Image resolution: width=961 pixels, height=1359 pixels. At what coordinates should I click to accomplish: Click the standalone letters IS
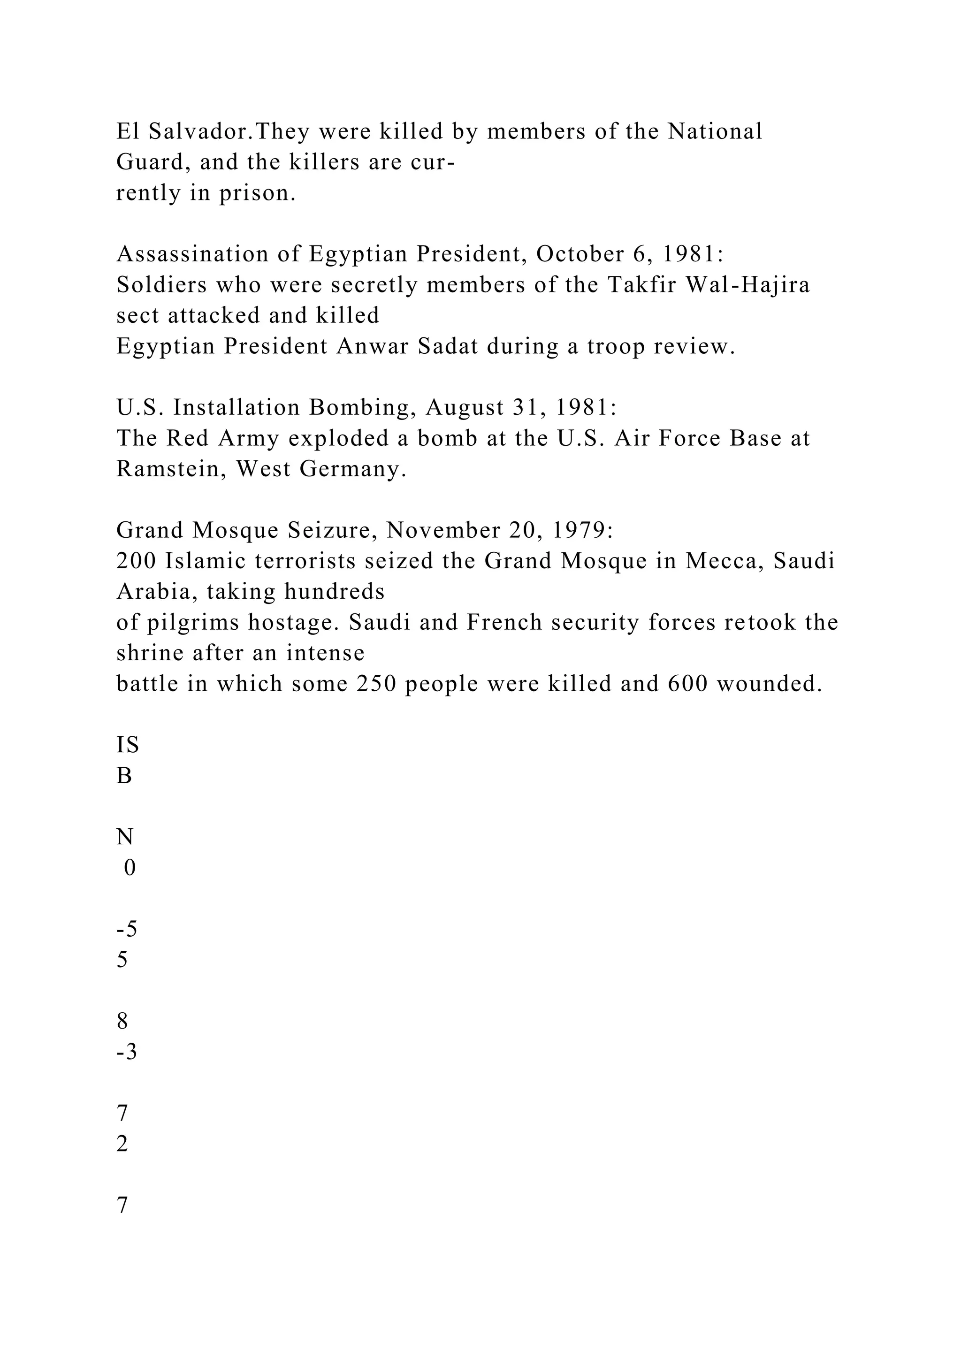point(127,745)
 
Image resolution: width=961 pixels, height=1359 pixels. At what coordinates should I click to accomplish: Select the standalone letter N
point(125,838)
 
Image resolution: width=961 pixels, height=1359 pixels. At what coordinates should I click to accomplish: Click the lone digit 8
point(122,1022)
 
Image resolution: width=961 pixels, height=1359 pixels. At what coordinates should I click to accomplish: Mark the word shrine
point(150,654)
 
